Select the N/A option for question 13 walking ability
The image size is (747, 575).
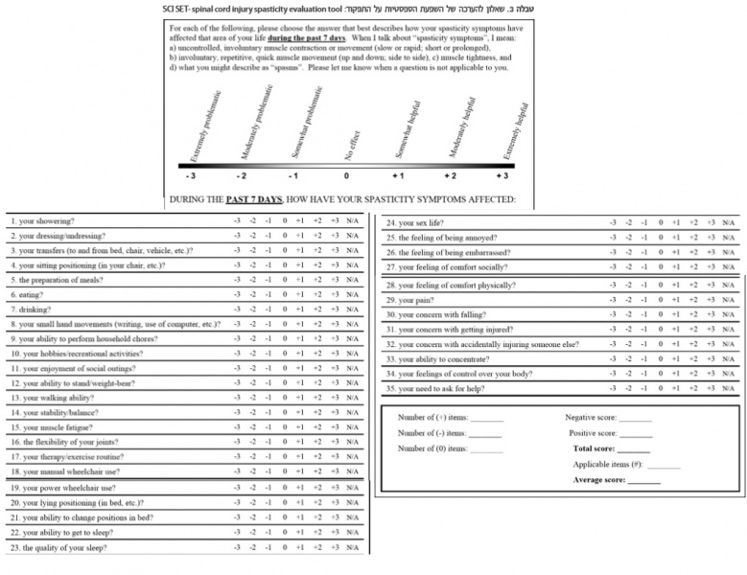coord(353,398)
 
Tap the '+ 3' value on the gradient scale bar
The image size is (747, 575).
coord(501,176)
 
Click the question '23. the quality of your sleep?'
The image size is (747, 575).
coord(59,548)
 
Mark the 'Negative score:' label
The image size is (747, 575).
coord(592,419)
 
